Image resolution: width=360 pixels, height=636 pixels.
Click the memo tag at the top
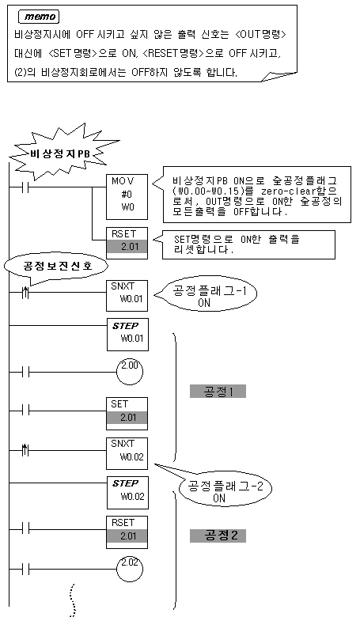coord(40,17)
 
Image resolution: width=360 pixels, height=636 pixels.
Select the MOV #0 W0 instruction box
coord(127,197)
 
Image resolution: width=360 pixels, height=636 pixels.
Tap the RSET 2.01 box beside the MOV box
coord(127,243)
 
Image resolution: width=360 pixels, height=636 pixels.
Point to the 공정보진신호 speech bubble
coord(56,267)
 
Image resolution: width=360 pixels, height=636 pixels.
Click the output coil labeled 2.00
coord(130,371)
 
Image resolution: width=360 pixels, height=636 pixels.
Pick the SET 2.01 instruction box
coord(127,413)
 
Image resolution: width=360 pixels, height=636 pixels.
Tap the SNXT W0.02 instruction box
coord(127,452)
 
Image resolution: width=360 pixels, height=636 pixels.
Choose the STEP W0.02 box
coord(127,492)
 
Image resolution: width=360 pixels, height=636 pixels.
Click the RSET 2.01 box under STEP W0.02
coord(127,532)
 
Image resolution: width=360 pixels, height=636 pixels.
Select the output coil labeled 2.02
coord(130,569)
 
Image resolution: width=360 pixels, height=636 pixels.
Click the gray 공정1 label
coord(218,392)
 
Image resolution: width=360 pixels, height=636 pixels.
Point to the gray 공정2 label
coord(218,536)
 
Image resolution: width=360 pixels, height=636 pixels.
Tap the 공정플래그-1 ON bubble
coord(205,297)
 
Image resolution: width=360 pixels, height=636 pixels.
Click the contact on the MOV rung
coord(25,187)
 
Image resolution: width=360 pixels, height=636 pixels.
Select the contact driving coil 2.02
coord(25,569)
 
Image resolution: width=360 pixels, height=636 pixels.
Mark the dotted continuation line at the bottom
coord(73,600)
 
